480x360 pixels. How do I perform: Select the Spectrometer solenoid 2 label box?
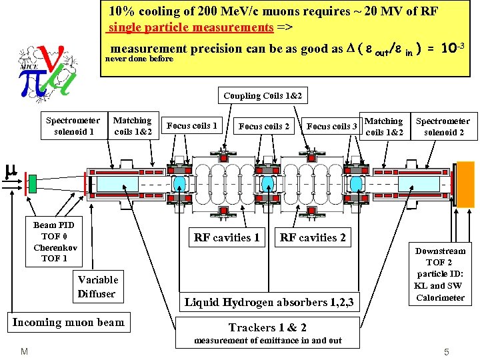pos(443,127)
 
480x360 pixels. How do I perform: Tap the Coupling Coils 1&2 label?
pos(262,96)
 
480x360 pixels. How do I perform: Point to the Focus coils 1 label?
pos(192,125)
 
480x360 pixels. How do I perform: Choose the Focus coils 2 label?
pos(264,126)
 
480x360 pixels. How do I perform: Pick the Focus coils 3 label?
pos(332,126)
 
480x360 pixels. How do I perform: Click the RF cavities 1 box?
pos(227,237)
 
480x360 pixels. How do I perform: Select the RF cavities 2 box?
pos(313,237)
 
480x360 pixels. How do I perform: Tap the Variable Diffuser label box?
pos(97,287)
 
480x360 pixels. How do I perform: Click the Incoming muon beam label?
pos(69,323)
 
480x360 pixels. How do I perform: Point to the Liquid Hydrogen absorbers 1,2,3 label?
pos(268,303)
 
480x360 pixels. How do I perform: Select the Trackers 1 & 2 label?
pos(267,327)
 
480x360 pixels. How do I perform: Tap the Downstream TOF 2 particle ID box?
pos(440,274)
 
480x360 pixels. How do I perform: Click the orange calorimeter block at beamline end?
pos(465,183)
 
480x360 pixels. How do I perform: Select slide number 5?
pos(446,351)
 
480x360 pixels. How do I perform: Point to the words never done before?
pos(139,59)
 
